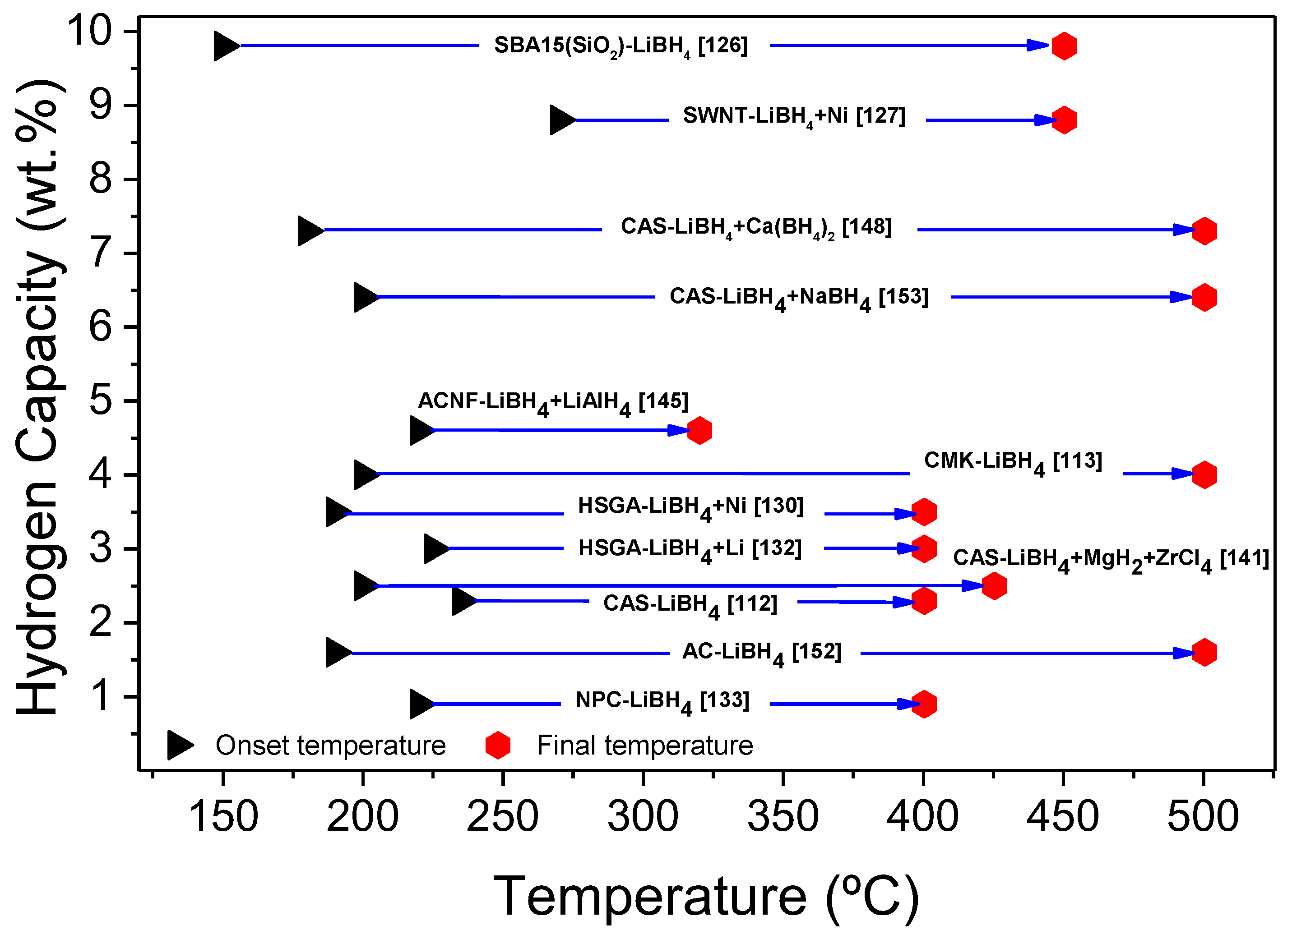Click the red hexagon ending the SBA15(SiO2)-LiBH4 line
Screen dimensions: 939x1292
coord(1064,46)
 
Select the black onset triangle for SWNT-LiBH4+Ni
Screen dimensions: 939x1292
coord(562,120)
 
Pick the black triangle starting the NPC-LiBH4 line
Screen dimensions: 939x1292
coord(421,704)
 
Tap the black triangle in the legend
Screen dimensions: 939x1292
coord(180,746)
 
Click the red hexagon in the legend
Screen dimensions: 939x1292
coord(497,746)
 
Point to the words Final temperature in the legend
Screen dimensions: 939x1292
coord(645,746)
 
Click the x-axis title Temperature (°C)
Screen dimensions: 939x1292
coord(706,897)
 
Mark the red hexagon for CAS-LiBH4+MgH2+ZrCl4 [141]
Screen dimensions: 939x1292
coord(994,585)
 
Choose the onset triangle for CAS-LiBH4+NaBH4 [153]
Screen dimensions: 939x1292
coord(365,297)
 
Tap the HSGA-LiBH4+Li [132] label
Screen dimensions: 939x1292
coord(690,549)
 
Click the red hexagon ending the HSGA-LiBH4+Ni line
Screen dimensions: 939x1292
coord(923,512)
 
